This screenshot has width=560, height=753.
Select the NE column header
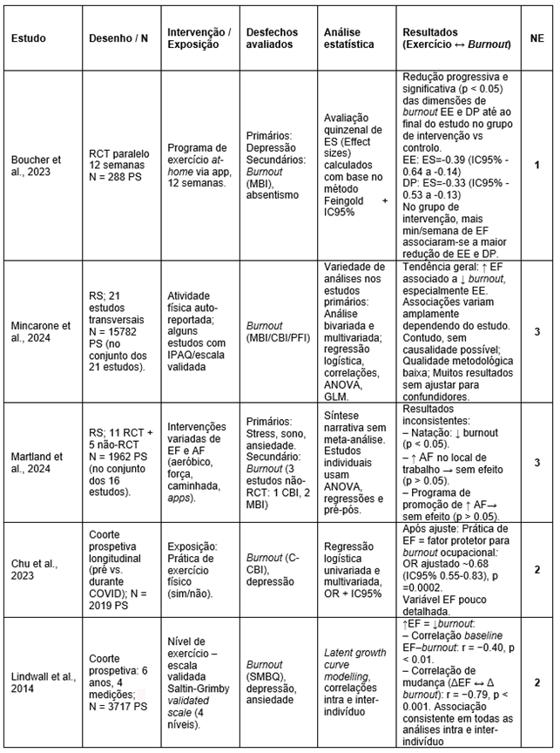(536, 38)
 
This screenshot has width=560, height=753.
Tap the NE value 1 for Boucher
(536, 165)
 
